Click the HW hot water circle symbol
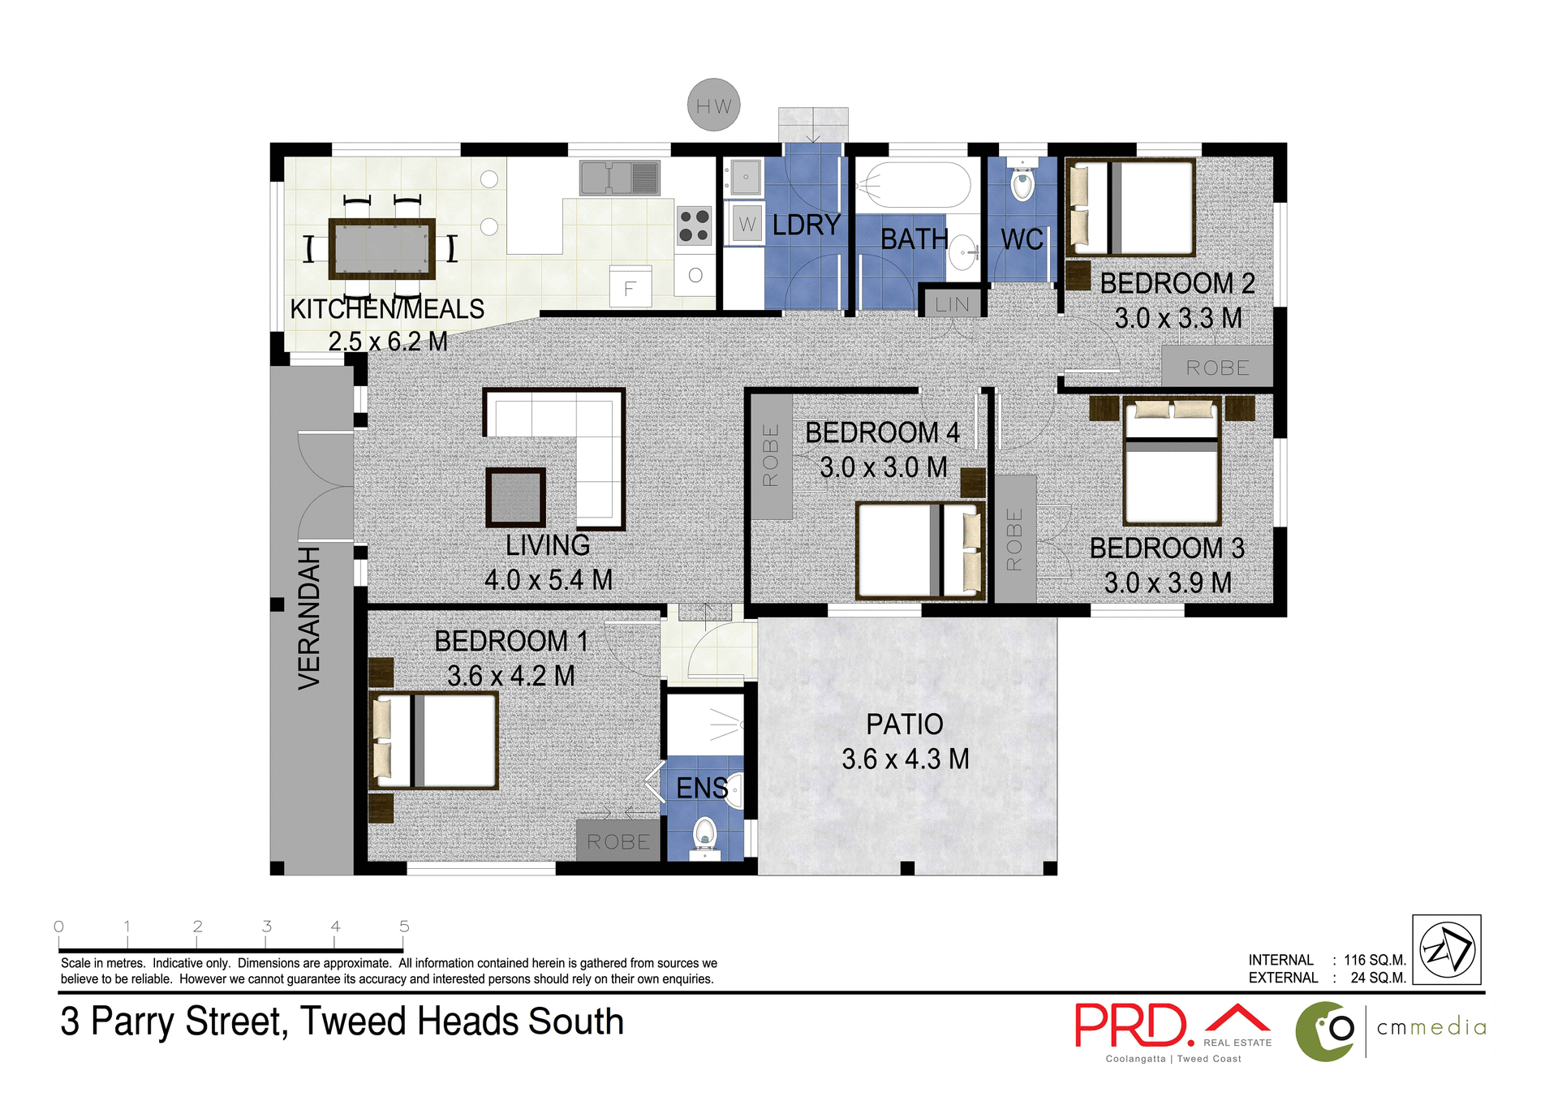click(713, 105)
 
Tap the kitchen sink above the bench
click(619, 178)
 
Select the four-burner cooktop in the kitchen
click(694, 226)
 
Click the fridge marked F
click(630, 287)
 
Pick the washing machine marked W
click(747, 224)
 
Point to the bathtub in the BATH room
click(914, 186)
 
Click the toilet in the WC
click(1022, 183)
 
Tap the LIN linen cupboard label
click(952, 304)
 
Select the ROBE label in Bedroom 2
click(1216, 368)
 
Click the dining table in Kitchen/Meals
click(381, 248)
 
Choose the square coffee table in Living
click(515, 497)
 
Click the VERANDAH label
click(309, 618)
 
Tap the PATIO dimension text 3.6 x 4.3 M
click(905, 759)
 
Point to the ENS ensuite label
click(701, 788)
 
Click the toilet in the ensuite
click(704, 835)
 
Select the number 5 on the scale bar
click(403, 927)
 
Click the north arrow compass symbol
click(1446, 950)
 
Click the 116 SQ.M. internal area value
click(1374, 960)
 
